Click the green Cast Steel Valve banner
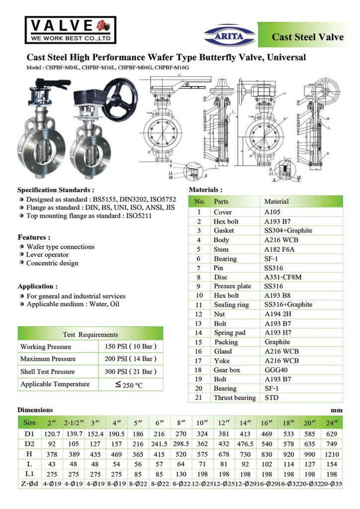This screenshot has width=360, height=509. [x=307, y=37]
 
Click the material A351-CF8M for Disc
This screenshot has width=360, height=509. [x=281, y=277]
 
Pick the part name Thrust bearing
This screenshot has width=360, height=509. [x=235, y=398]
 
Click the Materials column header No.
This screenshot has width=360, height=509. [x=199, y=202]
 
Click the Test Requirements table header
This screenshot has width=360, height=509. [x=90, y=335]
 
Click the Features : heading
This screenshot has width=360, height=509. [x=34, y=238]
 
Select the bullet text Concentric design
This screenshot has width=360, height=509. [x=52, y=263]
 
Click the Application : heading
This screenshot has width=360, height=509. [x=37, y=286]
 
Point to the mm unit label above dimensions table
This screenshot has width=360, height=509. [x=337, y=411]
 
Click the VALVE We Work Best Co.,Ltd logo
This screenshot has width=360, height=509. [x=70, y=30]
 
